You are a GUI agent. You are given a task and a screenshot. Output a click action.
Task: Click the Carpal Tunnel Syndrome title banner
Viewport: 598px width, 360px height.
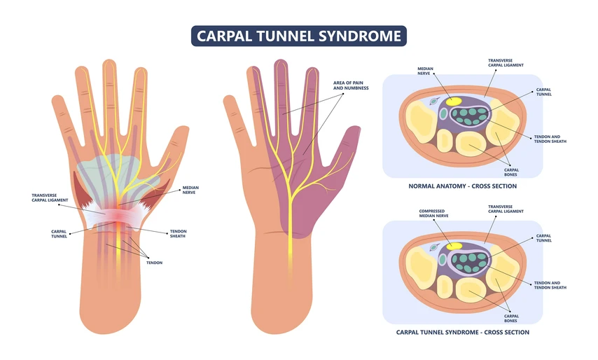click(298, 36)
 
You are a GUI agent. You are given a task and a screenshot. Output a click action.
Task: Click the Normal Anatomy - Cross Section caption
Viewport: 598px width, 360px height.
click(462, 186)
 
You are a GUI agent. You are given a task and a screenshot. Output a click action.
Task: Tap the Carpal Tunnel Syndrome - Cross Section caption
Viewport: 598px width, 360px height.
click(462, 332)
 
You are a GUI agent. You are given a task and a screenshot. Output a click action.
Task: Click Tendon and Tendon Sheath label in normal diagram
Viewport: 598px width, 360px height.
click(550, 139)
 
